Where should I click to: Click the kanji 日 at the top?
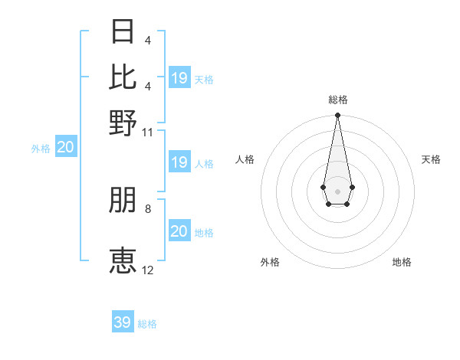coord(123,33)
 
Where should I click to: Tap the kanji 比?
coord(123,77)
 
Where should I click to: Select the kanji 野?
coord(123,123)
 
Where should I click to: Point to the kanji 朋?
coord(123,201)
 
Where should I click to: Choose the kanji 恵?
coord(123,260)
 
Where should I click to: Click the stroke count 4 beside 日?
coord(147,41)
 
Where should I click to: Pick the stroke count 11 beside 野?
coord(148,132)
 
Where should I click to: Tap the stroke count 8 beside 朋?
coord(148,208)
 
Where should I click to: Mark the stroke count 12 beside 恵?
coord(148,270)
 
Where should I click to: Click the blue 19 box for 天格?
coord(179,77)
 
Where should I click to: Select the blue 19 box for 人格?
coord(179,162)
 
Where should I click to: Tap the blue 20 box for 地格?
coord(179,231)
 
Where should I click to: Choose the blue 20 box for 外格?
coord(65,148)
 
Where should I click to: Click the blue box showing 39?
coord(123,322)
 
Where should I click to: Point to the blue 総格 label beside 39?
coord(147,324)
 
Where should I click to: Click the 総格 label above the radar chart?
coord(338,100)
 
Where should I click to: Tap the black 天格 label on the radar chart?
coord(431,159)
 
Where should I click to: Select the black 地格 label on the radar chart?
coord(402,262)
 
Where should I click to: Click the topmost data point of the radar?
coord(337,116)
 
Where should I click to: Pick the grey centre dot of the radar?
coord(337,190)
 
